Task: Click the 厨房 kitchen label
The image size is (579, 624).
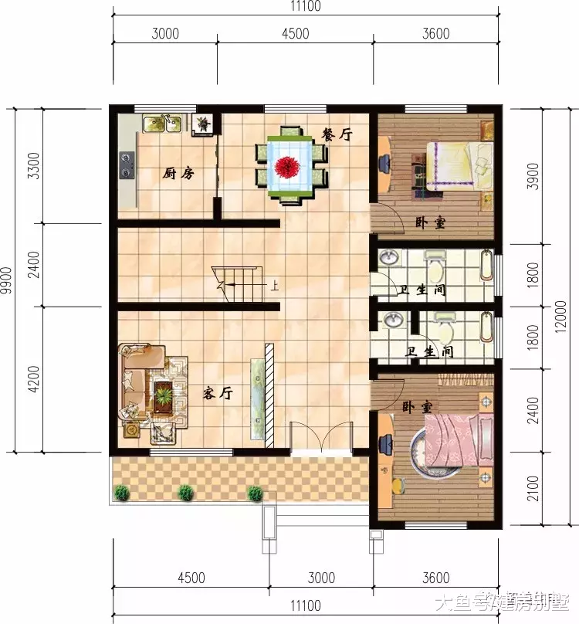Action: (x=178, y=174)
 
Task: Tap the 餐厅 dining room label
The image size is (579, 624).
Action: (x=336, y=134)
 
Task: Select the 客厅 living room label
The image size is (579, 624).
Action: (x=218, y=393)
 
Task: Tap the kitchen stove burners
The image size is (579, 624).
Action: (x=127, y=162)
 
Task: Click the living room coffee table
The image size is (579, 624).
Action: (x=164, y=395)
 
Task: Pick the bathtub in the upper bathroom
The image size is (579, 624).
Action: (x=486, y=265)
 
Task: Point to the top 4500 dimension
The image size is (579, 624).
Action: (x=295, y=33)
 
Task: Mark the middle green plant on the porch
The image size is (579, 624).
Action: (x=185, y=491)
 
